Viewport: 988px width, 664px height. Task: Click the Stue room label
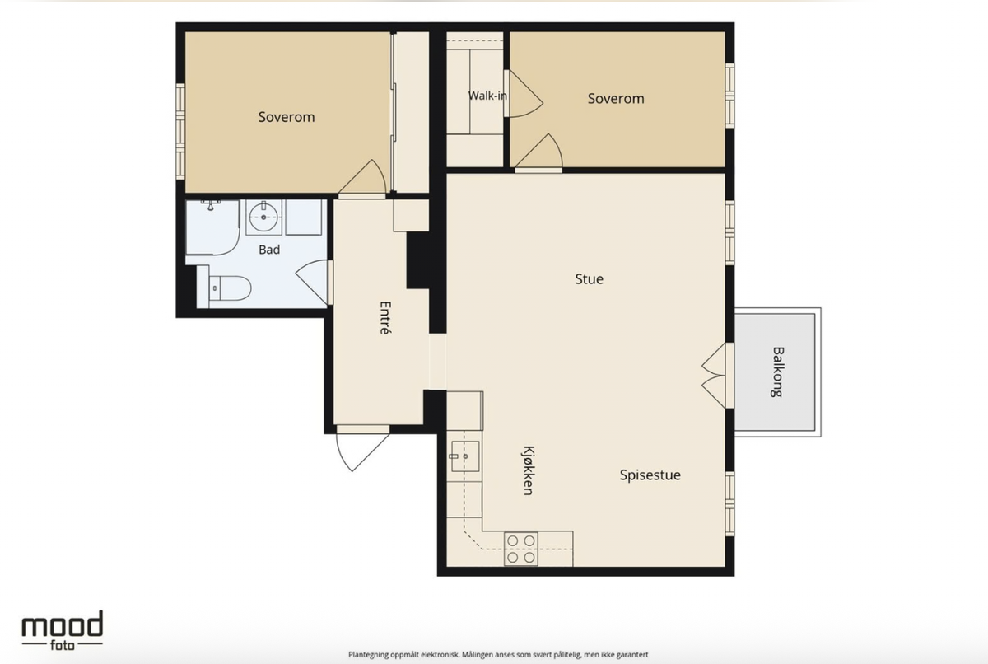(589, 278)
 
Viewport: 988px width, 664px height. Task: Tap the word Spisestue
(650, 475)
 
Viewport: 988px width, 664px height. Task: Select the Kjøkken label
(528, 470)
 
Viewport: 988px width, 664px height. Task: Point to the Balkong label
(777, 372)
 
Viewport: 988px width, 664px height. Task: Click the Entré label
(385, 318)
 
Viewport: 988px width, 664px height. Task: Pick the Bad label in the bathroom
(269, 250)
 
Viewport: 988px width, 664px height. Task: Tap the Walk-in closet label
(487, 96)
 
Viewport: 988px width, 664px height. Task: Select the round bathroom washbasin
(263, 217)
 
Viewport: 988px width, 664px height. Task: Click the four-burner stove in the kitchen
(521, 549)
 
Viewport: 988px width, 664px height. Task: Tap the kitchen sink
(464, 456)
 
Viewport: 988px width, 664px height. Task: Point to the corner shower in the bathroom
(212, 227)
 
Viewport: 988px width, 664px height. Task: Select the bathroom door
(314, 282)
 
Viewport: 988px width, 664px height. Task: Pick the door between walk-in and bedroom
(523, 94)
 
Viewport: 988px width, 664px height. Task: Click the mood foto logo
(63, 630)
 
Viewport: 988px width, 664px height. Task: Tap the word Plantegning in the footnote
(368, 655)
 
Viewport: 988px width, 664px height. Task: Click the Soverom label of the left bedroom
(287, 117)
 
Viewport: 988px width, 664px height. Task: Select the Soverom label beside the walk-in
(616, 98)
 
